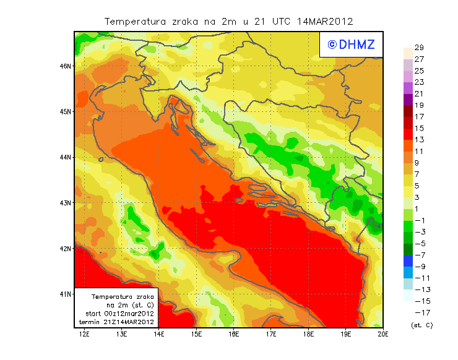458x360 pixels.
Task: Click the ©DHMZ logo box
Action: point(348,44)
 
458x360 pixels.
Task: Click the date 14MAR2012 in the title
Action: point(325,21)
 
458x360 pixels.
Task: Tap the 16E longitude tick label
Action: point(234,335)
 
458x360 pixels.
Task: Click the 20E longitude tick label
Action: point(383,335)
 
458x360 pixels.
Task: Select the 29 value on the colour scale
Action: point(419,48)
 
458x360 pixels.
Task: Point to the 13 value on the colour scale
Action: point(419,140)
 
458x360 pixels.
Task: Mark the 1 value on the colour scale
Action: point(419,209)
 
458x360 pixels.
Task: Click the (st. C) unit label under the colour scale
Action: point(421,325)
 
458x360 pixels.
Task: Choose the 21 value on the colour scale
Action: point(419,94)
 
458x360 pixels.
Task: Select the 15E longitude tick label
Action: point(197,335)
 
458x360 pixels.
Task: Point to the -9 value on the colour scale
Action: point(419,267)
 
